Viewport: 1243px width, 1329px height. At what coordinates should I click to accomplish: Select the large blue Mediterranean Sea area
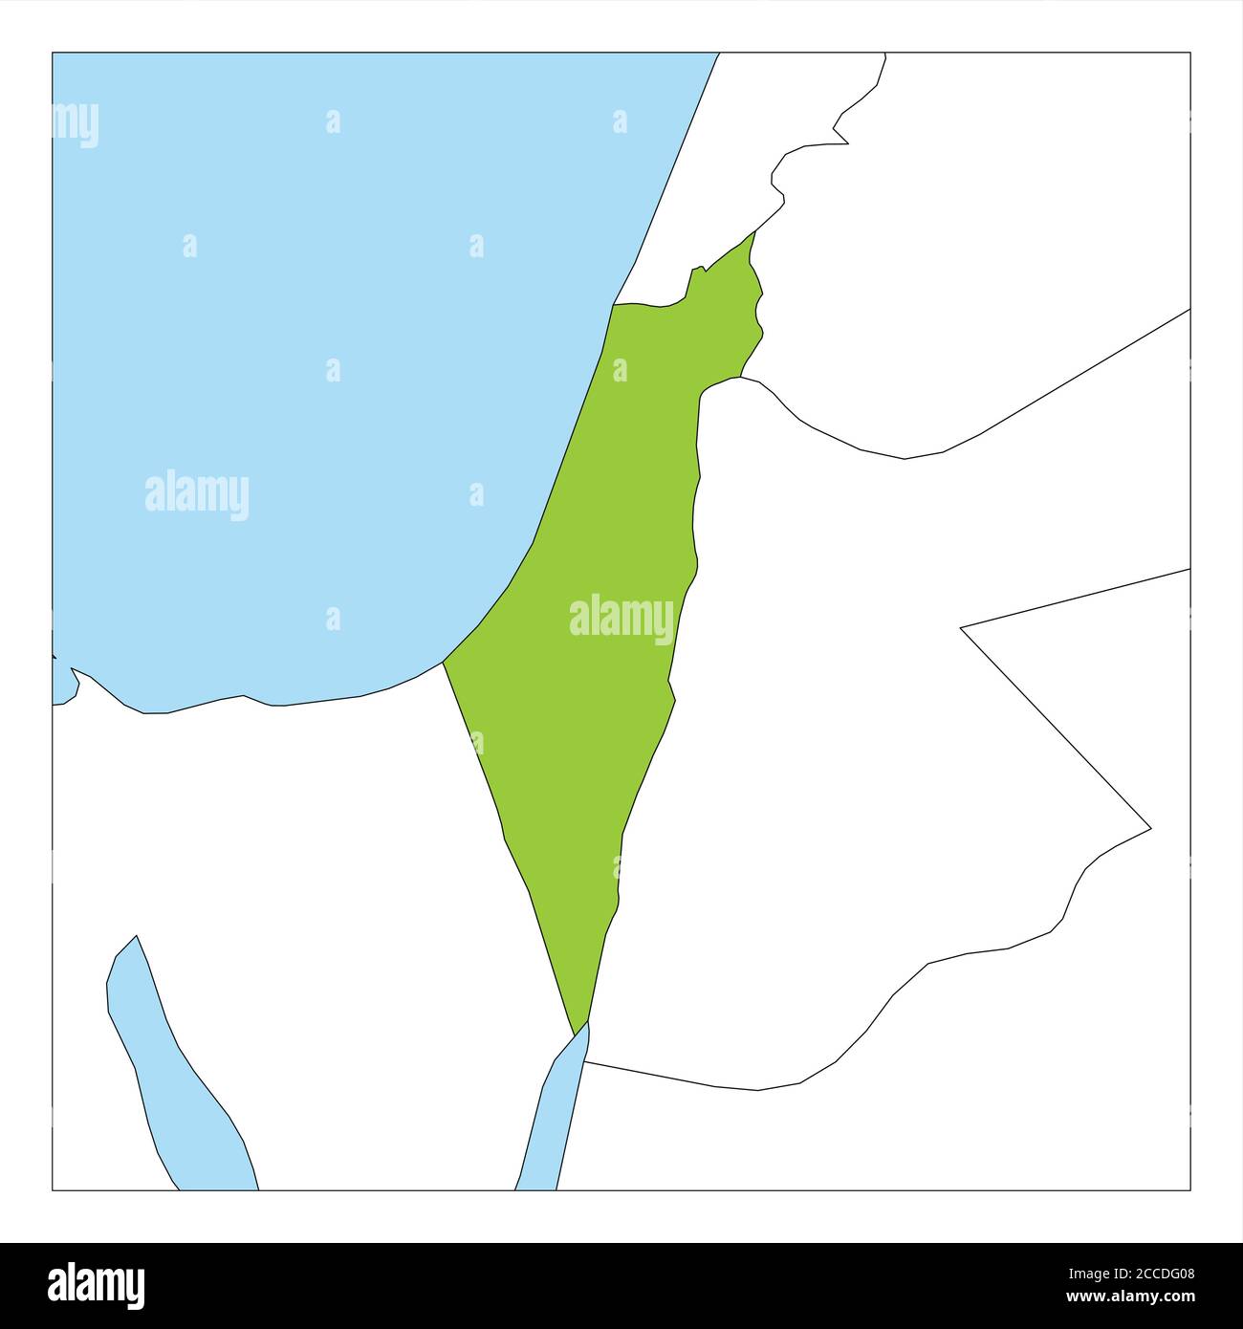(316, 382)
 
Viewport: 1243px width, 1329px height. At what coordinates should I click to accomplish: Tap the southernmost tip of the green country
(577, 1034)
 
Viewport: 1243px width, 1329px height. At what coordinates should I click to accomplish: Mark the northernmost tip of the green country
(754, 232)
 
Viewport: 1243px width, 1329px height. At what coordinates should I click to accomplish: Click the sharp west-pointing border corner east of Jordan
(961, 627)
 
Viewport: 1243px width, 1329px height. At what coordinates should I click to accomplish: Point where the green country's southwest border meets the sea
(444, 662)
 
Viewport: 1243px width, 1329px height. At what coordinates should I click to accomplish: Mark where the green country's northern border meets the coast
(614, 305)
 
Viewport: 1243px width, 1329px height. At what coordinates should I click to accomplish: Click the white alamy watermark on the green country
(621, 619)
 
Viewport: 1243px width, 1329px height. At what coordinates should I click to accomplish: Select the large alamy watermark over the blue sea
(197, 494)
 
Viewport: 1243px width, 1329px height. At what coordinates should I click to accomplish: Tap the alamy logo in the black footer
(97, 1284)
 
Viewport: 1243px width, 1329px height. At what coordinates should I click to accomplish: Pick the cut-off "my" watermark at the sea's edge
(76, 124)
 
